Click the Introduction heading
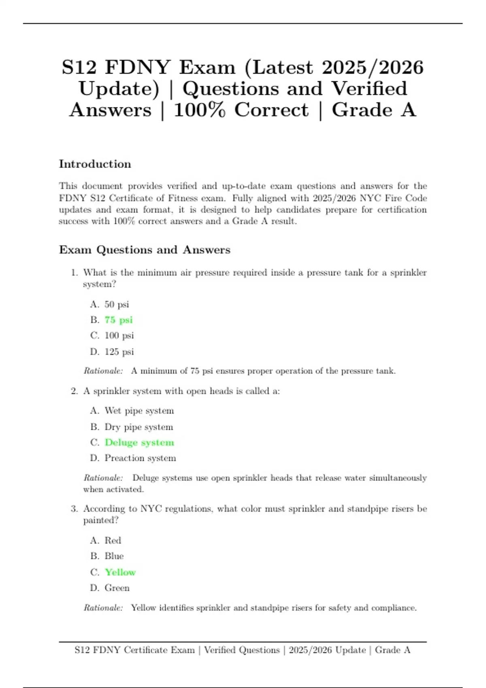[95, 164]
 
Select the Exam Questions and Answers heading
[145, 250]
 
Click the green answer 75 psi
[119, 320]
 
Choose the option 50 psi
[117, 304]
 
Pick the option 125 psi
[119, 352]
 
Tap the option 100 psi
[119, 336]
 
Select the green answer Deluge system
[139, 442]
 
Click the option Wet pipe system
[139, 411]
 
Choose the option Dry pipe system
[139, 427]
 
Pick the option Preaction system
[140, 458]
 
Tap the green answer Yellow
[120, 572]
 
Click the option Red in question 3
[113, 541]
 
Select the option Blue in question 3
[114, 556]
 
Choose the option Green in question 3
[117, 588]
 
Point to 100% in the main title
[199, 110]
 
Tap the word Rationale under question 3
[103, 608]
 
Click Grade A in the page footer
[392, 650]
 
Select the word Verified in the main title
[369, 89]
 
